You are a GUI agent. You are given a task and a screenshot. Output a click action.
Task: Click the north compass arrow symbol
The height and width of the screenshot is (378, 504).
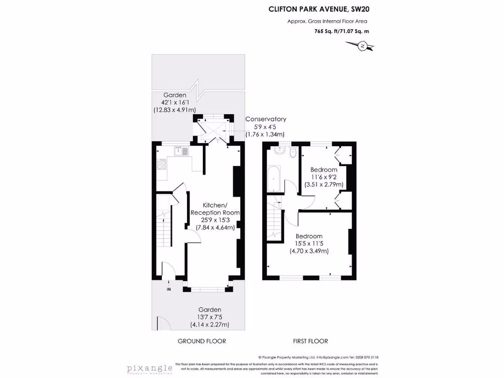[362, 46]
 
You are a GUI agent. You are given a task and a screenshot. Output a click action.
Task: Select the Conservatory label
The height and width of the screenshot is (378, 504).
[266, 119]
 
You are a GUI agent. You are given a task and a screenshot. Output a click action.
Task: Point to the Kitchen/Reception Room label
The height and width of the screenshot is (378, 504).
[216, 209]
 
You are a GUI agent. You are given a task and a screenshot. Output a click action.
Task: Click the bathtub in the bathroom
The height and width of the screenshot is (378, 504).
[273, 179]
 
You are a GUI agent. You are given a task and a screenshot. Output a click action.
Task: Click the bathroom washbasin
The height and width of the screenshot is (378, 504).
[279, 151]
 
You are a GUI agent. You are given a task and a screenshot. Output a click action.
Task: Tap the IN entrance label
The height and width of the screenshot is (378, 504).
[169, 290]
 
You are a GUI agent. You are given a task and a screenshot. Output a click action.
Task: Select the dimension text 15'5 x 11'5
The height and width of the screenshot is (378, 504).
[309, 244]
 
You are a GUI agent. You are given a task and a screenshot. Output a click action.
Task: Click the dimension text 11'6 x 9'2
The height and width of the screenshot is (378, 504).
[323, 177]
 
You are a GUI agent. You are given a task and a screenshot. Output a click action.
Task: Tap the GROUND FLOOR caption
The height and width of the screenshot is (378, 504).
[202, 341]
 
